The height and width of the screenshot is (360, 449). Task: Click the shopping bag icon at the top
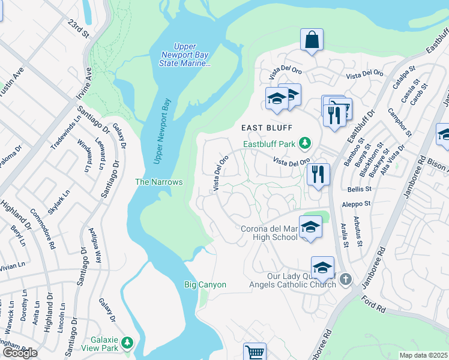tap(312, 40)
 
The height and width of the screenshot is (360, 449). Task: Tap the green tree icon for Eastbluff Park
tap(306, 143)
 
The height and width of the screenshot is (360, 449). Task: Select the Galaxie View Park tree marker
tap(127, 343)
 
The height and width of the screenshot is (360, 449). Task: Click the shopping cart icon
tap(255, 353)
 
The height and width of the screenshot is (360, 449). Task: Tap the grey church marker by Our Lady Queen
tap(345, 279)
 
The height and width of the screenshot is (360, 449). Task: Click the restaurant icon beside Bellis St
tap(318, 175)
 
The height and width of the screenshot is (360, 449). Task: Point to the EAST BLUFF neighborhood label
tap(267, 128)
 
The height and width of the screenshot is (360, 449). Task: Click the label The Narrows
tap(158, 182)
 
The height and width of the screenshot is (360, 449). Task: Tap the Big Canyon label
tap(205, 284)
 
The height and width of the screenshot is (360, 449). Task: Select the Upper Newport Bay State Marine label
tap(189, 55)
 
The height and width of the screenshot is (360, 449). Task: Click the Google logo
tap(20, 353)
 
